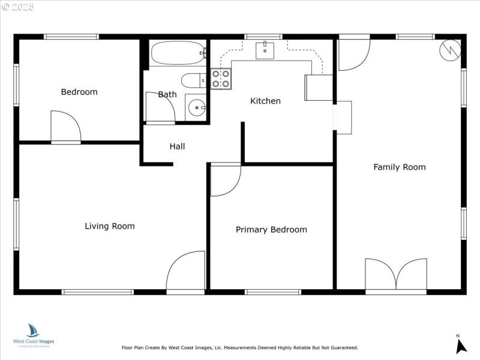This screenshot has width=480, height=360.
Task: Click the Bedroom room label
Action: (79, 92)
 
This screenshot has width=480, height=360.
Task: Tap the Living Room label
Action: (109, 226)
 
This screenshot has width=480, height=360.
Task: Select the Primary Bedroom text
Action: (271, 230)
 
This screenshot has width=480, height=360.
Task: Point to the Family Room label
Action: (400, 167)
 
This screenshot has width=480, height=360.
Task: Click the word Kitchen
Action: (265, 101)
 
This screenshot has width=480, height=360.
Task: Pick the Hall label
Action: (177, 146)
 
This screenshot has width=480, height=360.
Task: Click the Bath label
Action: (167, 94)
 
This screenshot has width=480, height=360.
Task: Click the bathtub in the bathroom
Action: (178, 53)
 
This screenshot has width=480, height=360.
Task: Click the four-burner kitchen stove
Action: (221, 79)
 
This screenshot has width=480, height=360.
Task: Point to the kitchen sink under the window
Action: (265, 50)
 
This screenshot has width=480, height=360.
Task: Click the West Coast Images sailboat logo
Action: (33, 331)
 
